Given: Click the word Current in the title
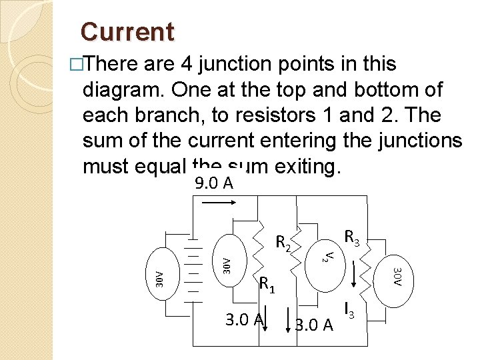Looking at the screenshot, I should click(x=127, y=31).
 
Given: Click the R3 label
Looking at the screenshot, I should click(x=351, y=236).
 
